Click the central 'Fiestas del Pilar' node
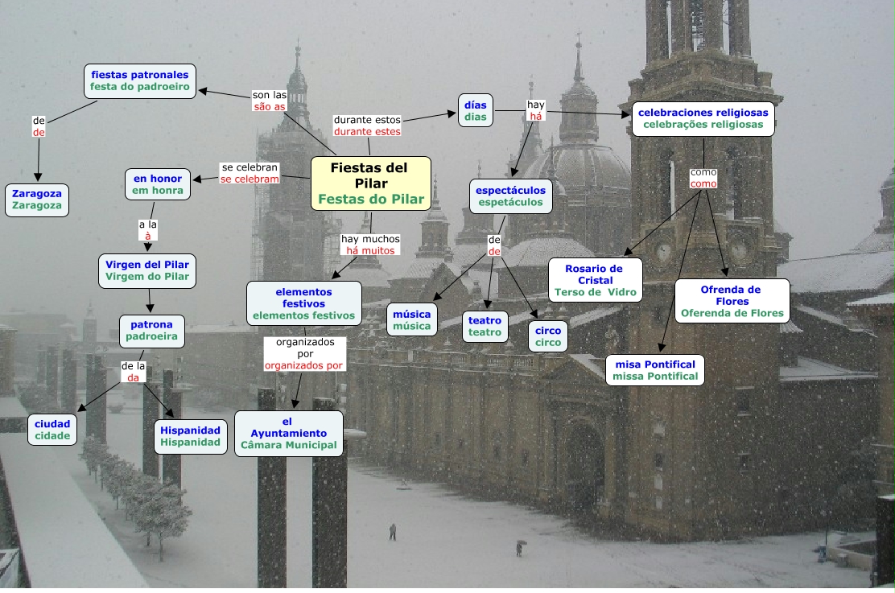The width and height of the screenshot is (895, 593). [x=371, y=183]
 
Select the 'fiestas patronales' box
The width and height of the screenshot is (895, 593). [x=140, y=80]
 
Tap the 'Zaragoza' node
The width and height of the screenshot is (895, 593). [x=37, y=200]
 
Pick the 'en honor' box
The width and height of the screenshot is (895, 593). [x=158, y=184]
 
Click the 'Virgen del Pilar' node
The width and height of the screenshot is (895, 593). [x=147, y=270]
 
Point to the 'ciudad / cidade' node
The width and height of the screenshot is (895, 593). [x=52, y=430]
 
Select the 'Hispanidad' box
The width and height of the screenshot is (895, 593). [x=190, y=436]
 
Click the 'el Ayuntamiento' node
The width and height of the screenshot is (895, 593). [x=288, y=433]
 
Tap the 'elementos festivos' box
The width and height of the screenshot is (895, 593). [x=303, y=303]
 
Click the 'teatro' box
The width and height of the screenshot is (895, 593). [x=485, y=326]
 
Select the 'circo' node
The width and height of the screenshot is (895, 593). [x=548, y=336]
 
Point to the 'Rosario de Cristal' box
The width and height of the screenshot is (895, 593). [x=595, y=280]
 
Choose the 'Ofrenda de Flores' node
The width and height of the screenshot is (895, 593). [x=732, y=301]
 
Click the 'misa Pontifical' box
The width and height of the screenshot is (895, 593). [x=655, y=370]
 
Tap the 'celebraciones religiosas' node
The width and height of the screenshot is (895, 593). [x=703, y=118]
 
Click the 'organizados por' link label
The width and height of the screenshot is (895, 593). [x=304, y=353]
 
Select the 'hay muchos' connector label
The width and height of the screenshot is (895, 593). [x=370, y=245]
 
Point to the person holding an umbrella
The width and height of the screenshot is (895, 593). [x=519, y=548]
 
